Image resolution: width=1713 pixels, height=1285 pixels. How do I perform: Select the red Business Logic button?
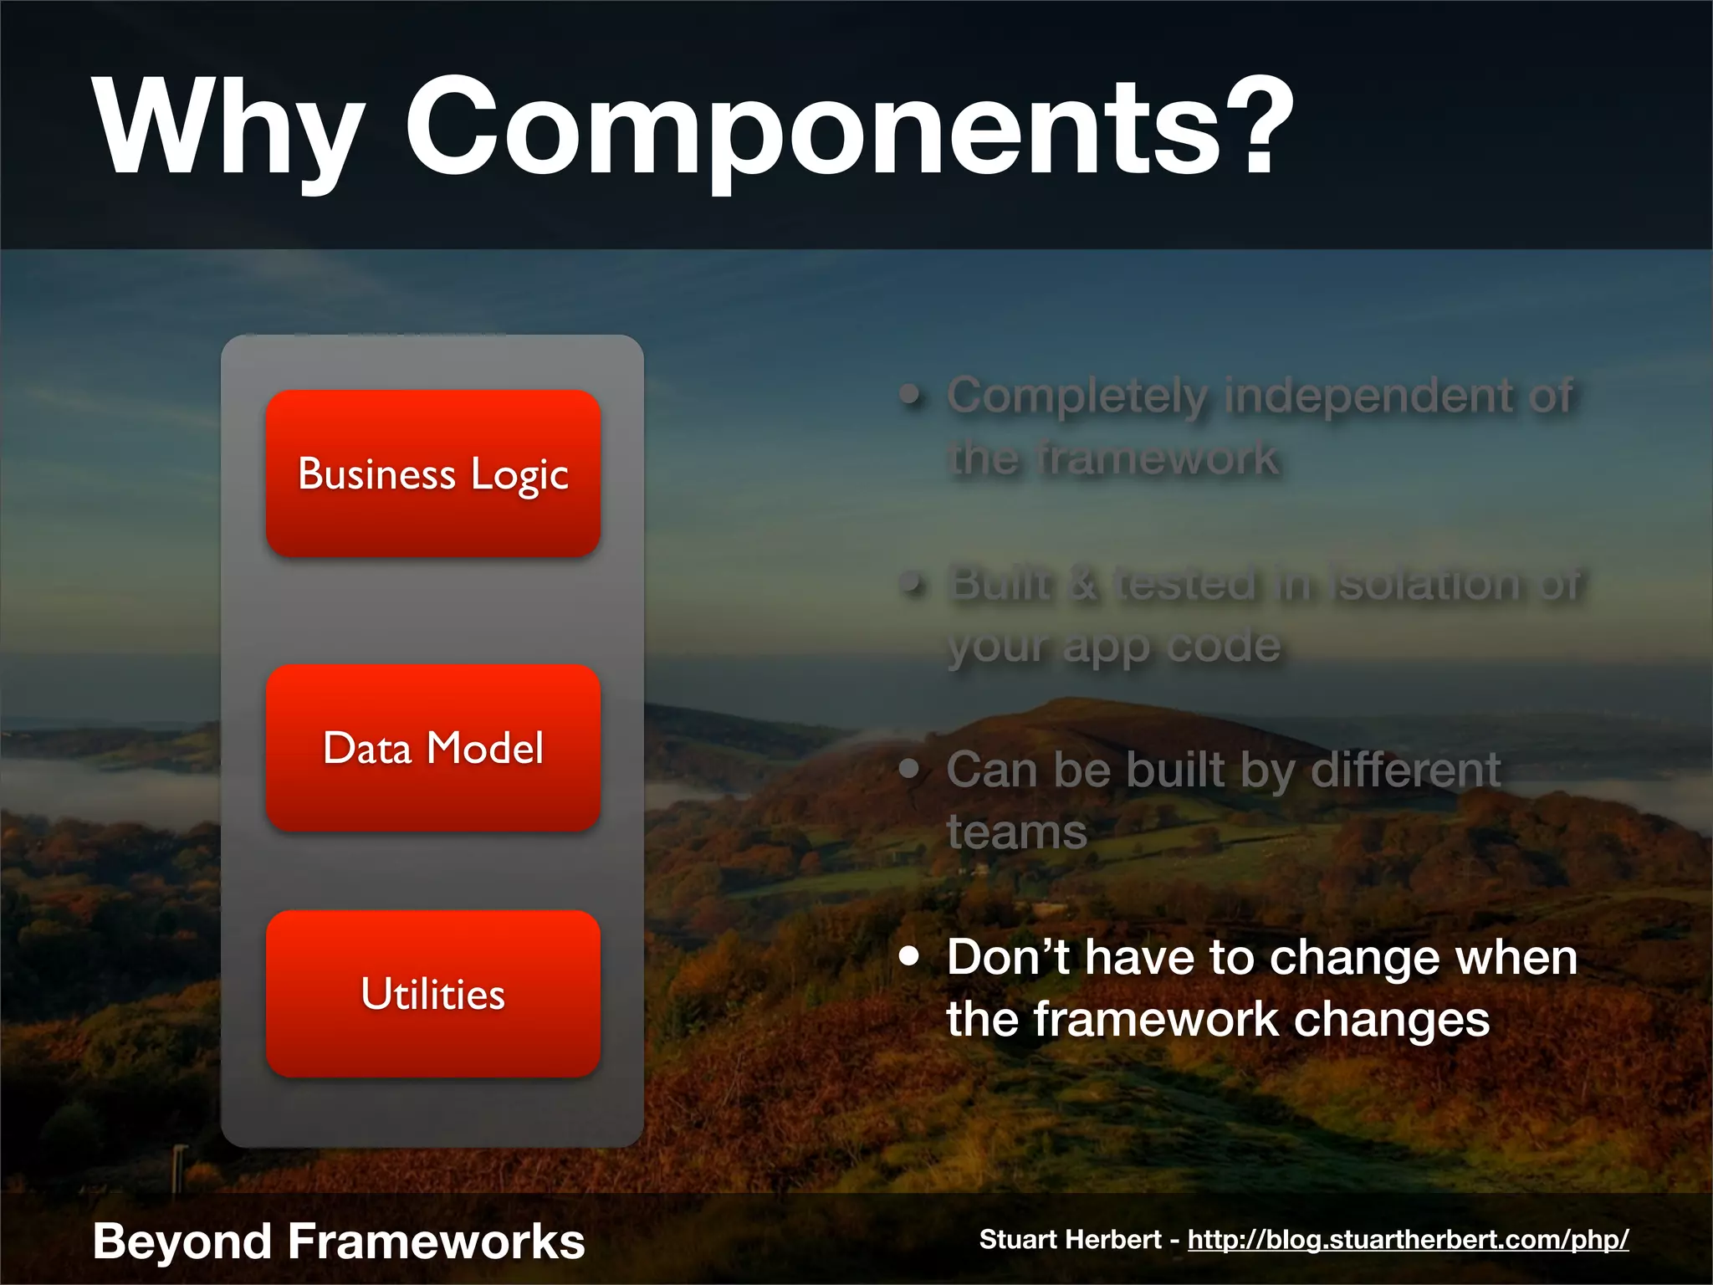coord(433,474)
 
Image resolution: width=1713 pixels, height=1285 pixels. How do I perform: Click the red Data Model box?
coord(433,748)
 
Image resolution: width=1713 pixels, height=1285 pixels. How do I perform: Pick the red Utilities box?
coord(433,994)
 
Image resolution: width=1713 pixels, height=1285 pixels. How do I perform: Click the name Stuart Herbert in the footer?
coord(1070,1239)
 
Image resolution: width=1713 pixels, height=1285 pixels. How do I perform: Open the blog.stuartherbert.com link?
coord(1408,1239)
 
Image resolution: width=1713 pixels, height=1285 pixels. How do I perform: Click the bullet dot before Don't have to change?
coord(909,955)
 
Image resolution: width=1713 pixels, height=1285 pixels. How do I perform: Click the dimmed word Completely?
coord(1077,396)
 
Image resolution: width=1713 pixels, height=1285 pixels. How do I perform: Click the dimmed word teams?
coord(1016,832)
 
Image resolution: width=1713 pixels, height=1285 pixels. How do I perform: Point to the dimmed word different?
coord(1405,769)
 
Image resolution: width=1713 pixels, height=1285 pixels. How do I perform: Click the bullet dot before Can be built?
coord(909,768)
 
